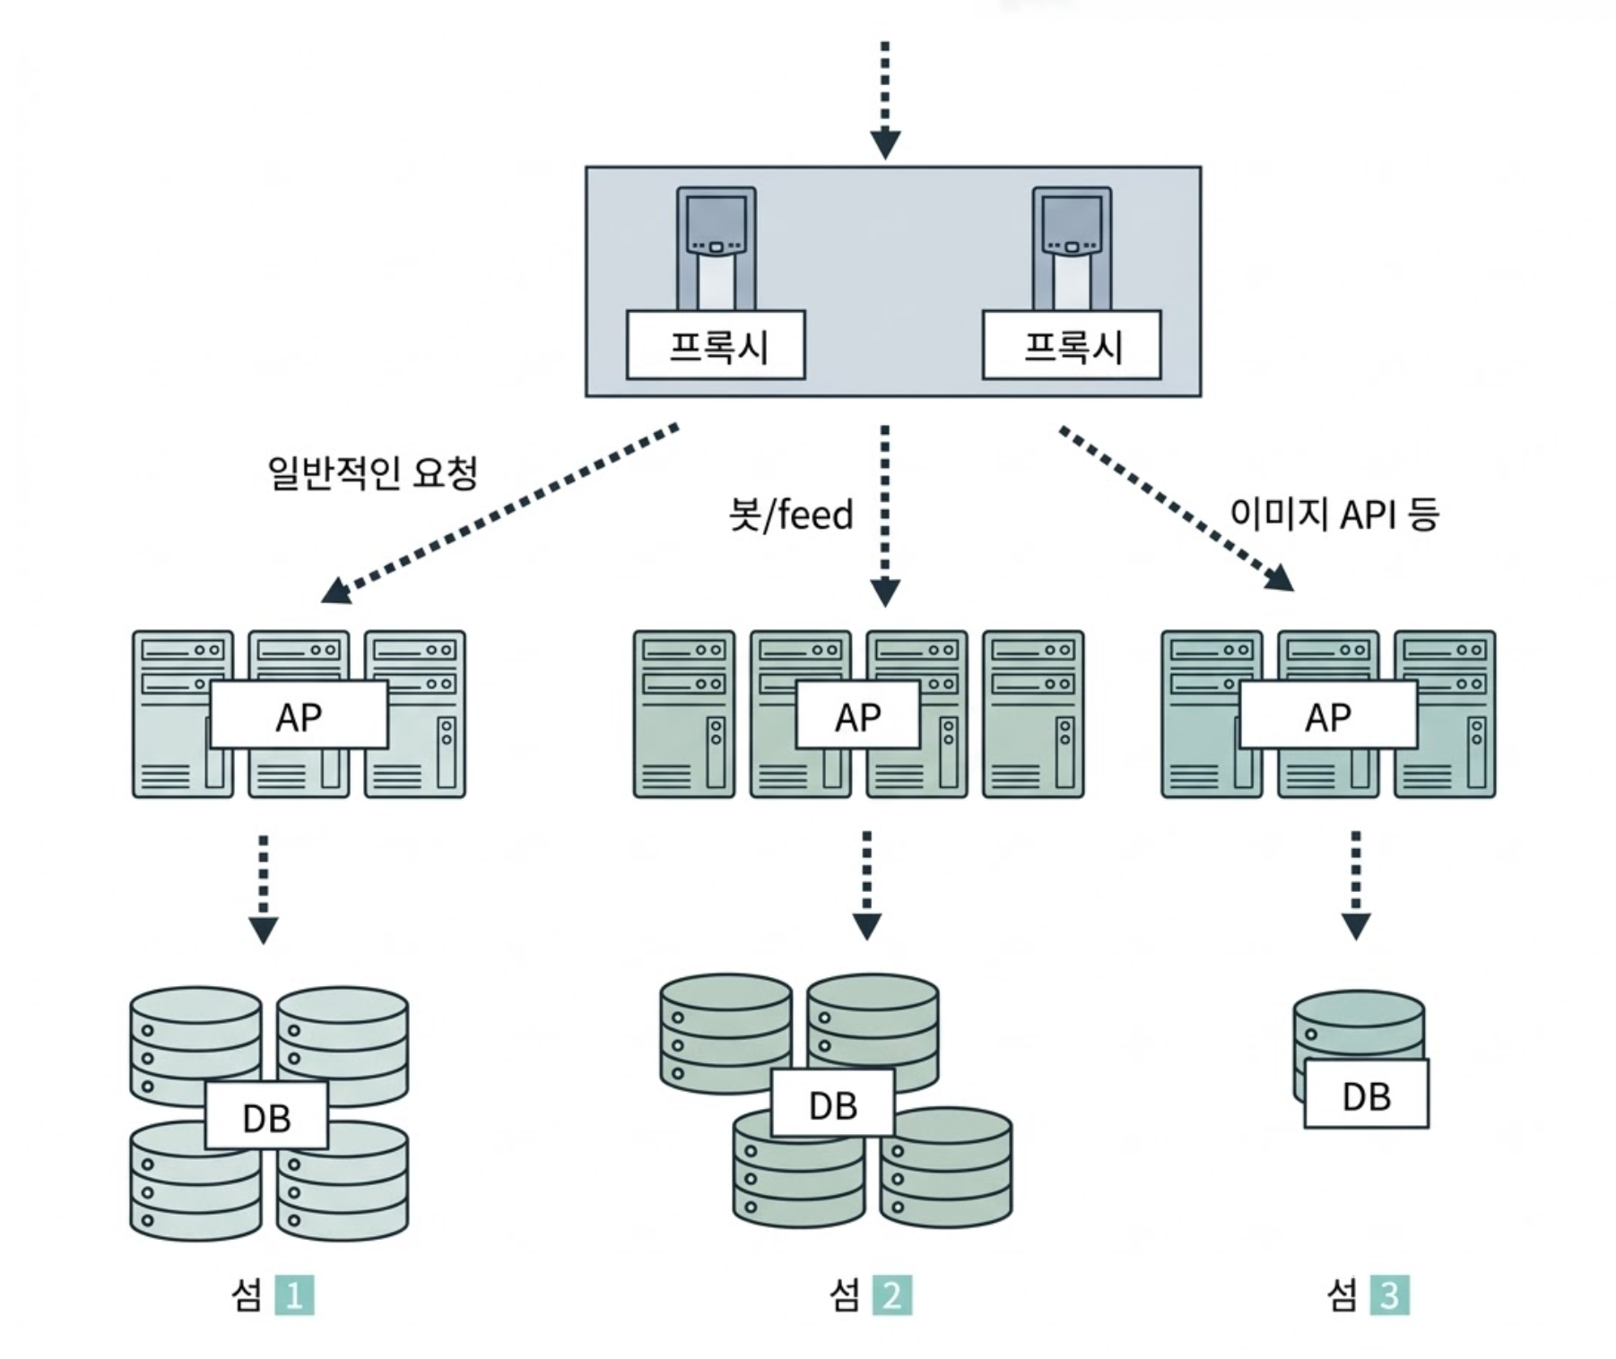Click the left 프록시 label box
coord(716,345)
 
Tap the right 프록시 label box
coord(1072,345)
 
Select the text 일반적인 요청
coord(373,472)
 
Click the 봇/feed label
coord(791,515)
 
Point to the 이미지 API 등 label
coord(1334,515)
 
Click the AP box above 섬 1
coord(299,714)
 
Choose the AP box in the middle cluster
coord(858,715)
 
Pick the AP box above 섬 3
coord(1328,715)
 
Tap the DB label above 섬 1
coord(266,1116)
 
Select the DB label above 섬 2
coord(833,1104)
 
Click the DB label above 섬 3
coord(1366,1095)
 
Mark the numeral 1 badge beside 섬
coord(294,1295)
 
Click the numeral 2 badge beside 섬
coord(891,1295)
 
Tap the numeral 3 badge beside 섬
coord(1389,1295)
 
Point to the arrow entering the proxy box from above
coord(885,99)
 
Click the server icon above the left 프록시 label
coord(716,242)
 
